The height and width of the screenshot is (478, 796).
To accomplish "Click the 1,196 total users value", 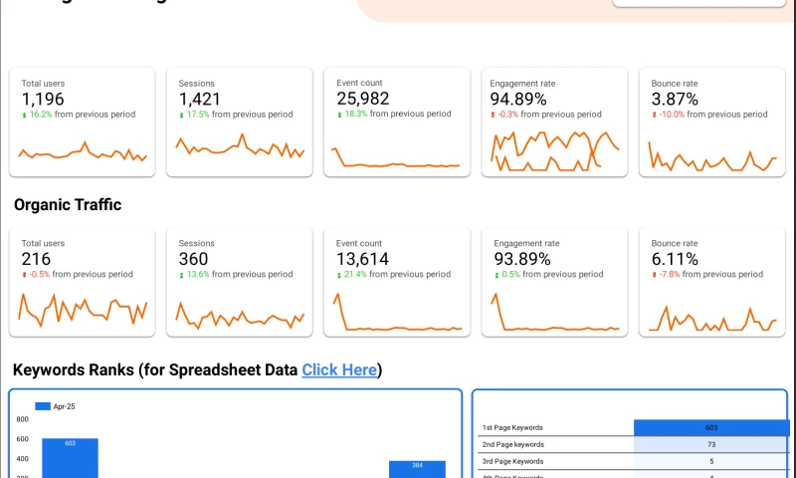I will (42, 99).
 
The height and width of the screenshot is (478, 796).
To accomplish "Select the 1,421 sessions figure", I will (200, 99).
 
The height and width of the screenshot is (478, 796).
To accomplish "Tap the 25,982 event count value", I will (362, 99).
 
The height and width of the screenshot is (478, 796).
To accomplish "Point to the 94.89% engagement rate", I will (518, 99).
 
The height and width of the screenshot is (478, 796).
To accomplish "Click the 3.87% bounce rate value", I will (675, 99).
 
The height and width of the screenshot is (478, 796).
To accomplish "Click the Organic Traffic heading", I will (68, 205).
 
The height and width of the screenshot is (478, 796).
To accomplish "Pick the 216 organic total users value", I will (36, 259).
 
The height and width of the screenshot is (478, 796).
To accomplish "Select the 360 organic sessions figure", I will (194, 259).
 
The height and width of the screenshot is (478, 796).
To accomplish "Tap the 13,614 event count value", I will (362, 259).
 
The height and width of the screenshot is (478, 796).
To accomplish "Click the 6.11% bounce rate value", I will (674, 259).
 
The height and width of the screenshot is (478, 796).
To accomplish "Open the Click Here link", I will (339, 370).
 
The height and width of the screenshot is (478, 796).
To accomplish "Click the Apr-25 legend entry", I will (50, 406).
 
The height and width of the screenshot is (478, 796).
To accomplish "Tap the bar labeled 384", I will (417, 469).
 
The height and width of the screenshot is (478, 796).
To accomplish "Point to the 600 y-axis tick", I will (23, 438).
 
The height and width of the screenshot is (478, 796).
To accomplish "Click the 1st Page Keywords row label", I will (512, 427).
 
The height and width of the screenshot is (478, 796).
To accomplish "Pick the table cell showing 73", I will (711, 444).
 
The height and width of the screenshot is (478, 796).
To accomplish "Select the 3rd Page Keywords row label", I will (512, 461).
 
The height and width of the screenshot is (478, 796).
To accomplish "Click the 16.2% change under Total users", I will (39, 115).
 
